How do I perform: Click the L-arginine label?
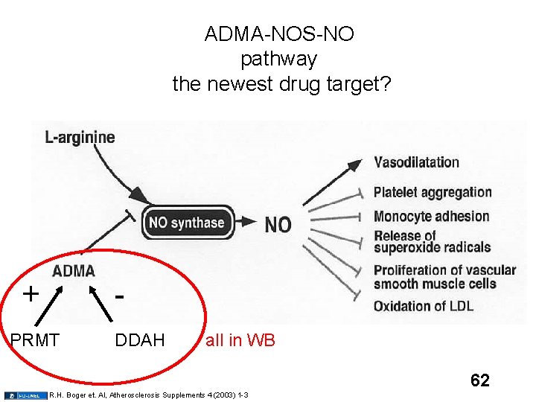(x=80, y=137)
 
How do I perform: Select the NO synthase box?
(x=186, y=223)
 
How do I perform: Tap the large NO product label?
(x=278, y=224)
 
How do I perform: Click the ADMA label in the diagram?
(x=73, y=271)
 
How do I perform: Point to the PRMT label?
(x=35, y=341)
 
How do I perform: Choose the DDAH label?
(x=139, y=341)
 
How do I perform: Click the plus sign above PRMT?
(x=31, y=293)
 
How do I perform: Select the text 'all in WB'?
(x=240, y=341)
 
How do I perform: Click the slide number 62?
(x=479, y=381)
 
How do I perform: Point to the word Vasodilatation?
(x=416, y=162)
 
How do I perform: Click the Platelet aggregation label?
(x=433, y=193)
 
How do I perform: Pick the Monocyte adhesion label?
(x=431, y=217)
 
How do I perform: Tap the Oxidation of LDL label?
(x=422, y=306)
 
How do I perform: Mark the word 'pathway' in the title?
(x=278, y=59)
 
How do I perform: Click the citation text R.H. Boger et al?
(x=149, y=395)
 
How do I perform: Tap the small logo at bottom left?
(x=25, y=395)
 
